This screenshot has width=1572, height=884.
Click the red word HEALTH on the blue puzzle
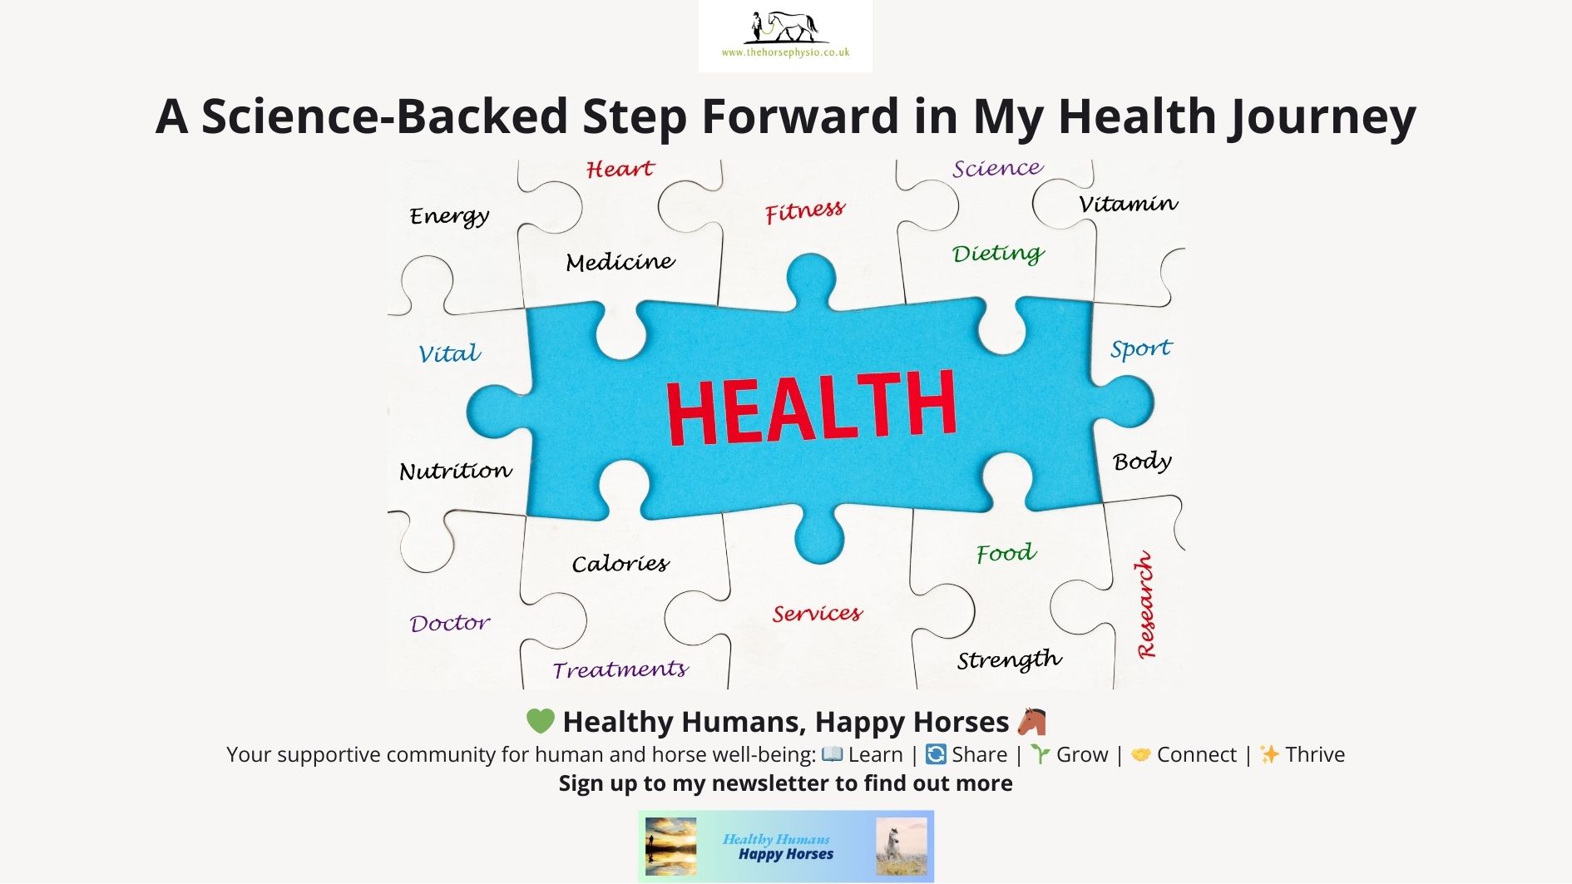811,407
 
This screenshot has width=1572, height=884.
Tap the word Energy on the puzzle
449,216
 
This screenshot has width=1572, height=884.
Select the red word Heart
620,169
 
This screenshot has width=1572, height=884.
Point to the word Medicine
620,262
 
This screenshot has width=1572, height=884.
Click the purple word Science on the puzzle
997,168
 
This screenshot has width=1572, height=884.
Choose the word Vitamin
1129,203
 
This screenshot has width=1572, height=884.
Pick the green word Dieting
998,254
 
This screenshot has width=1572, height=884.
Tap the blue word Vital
449,353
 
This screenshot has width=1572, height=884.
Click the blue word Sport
1141,349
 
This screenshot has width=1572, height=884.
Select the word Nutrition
456,471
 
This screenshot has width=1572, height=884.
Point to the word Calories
620,564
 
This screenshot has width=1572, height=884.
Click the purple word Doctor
450,623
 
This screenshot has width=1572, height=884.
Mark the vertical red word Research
1146,605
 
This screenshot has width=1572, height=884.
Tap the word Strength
1010,660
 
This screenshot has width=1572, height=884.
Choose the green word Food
1006,553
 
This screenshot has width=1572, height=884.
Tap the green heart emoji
540,721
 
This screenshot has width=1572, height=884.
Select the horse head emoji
1031,721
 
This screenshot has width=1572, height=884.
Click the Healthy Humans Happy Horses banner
786,847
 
